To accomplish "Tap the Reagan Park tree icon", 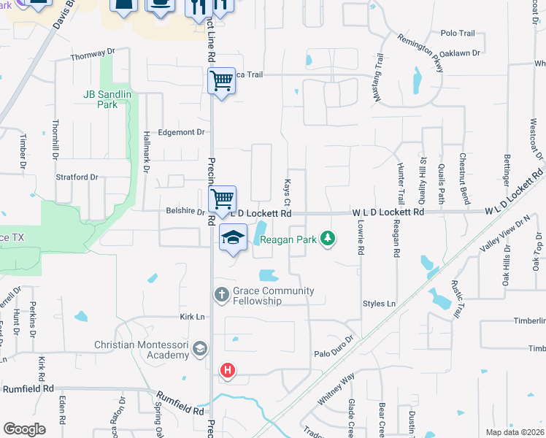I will pos(328,238).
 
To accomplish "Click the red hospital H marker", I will pos(228,371).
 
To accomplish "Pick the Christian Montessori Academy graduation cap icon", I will pos(199,350).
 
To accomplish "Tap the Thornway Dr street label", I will pos(93,53).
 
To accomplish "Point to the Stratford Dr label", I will pos(77,177).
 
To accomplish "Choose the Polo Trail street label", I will pos(458,34).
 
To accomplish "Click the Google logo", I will pos(24,429).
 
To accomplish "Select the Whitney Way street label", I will pos(336,389).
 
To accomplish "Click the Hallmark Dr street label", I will pos(146,156).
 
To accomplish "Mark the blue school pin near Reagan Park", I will pos(233,239).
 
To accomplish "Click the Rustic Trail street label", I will pos(456,299).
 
